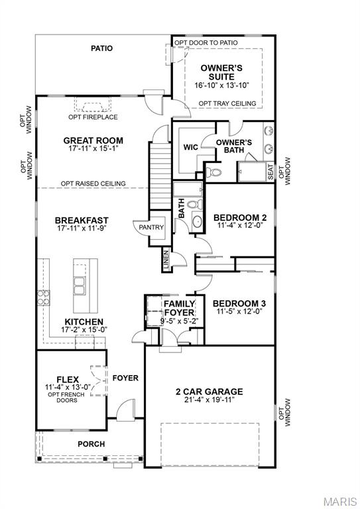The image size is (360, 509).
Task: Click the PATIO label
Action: [x=101, y=48]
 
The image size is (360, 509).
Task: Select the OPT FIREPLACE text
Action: [x=93, y=117]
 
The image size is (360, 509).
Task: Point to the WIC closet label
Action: [x=192, y=147]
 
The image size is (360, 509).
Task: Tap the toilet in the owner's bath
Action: [x=213, y=173]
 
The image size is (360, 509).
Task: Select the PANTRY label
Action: [x=151, y=227]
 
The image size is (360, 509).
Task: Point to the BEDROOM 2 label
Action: [x=239, y=217]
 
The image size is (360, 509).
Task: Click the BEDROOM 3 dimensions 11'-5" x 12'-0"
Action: [x=239, y=311]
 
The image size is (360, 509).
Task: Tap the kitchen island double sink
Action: [x=80, y=286]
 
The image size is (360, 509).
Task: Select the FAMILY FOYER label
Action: [x=179, y=308]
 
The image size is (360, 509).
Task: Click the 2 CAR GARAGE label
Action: [x=209, y=391]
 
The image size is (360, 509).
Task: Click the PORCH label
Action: [x=91, y=444]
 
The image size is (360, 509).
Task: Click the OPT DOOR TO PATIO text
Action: [x=206, y=42]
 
